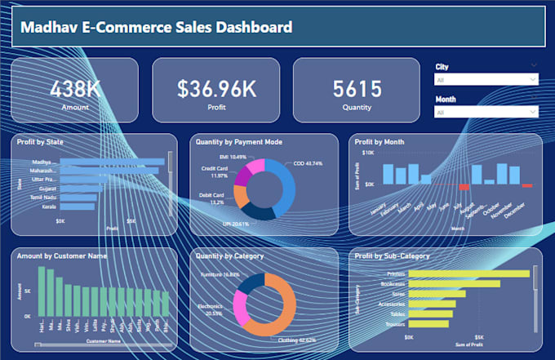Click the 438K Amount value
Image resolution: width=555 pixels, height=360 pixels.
[75, 87]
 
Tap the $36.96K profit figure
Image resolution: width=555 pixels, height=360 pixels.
[215, 87]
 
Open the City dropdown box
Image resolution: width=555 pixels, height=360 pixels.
[486, 80]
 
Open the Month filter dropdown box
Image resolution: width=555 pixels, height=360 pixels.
[486, 112]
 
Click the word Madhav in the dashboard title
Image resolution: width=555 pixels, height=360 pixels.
[48, 28]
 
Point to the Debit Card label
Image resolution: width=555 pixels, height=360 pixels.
[211, 196]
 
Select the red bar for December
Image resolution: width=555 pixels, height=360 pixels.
[526, 186]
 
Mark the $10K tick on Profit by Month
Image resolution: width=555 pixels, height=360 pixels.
[368, 153]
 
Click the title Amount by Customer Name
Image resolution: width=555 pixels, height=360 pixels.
[58, 256]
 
